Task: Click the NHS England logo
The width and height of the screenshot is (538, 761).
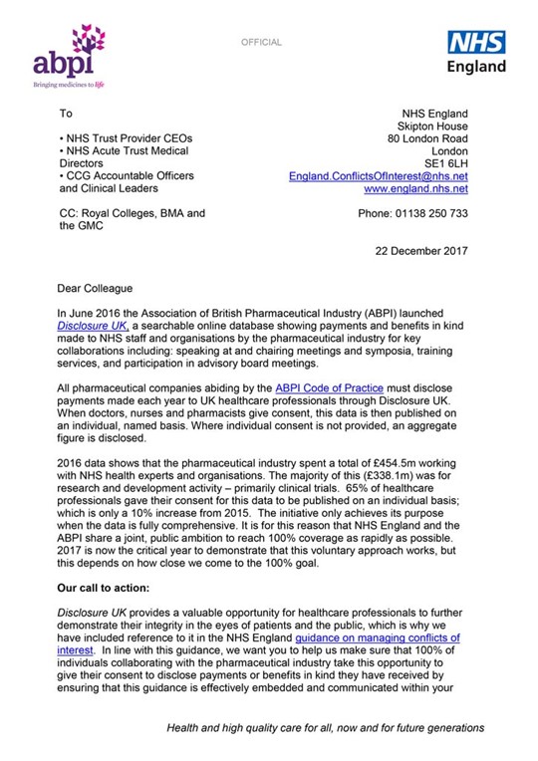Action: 475,52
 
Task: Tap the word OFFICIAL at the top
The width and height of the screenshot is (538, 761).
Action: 261,43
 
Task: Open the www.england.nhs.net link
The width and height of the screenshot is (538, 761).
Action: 415,188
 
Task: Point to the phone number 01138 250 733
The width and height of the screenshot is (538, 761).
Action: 412,213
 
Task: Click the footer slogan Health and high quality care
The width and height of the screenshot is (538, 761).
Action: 324,728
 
